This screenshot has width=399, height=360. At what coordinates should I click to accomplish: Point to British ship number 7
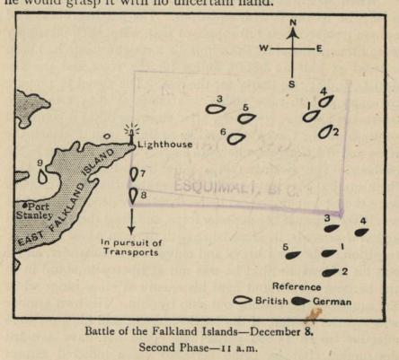(134, 173)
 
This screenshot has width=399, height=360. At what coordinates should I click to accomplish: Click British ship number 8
(133, 193)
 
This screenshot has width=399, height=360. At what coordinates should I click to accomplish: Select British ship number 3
(215, 110)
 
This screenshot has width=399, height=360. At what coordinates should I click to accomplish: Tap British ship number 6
(235, 138)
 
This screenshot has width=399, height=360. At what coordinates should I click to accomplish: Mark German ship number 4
(360, 232)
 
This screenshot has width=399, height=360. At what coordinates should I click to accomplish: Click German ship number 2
(330, 272)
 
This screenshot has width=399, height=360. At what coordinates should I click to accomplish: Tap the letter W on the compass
(264, 48)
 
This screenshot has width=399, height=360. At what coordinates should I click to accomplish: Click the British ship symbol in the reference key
(241, 301)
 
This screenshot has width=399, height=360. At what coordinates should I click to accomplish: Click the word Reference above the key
(297, 286)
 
